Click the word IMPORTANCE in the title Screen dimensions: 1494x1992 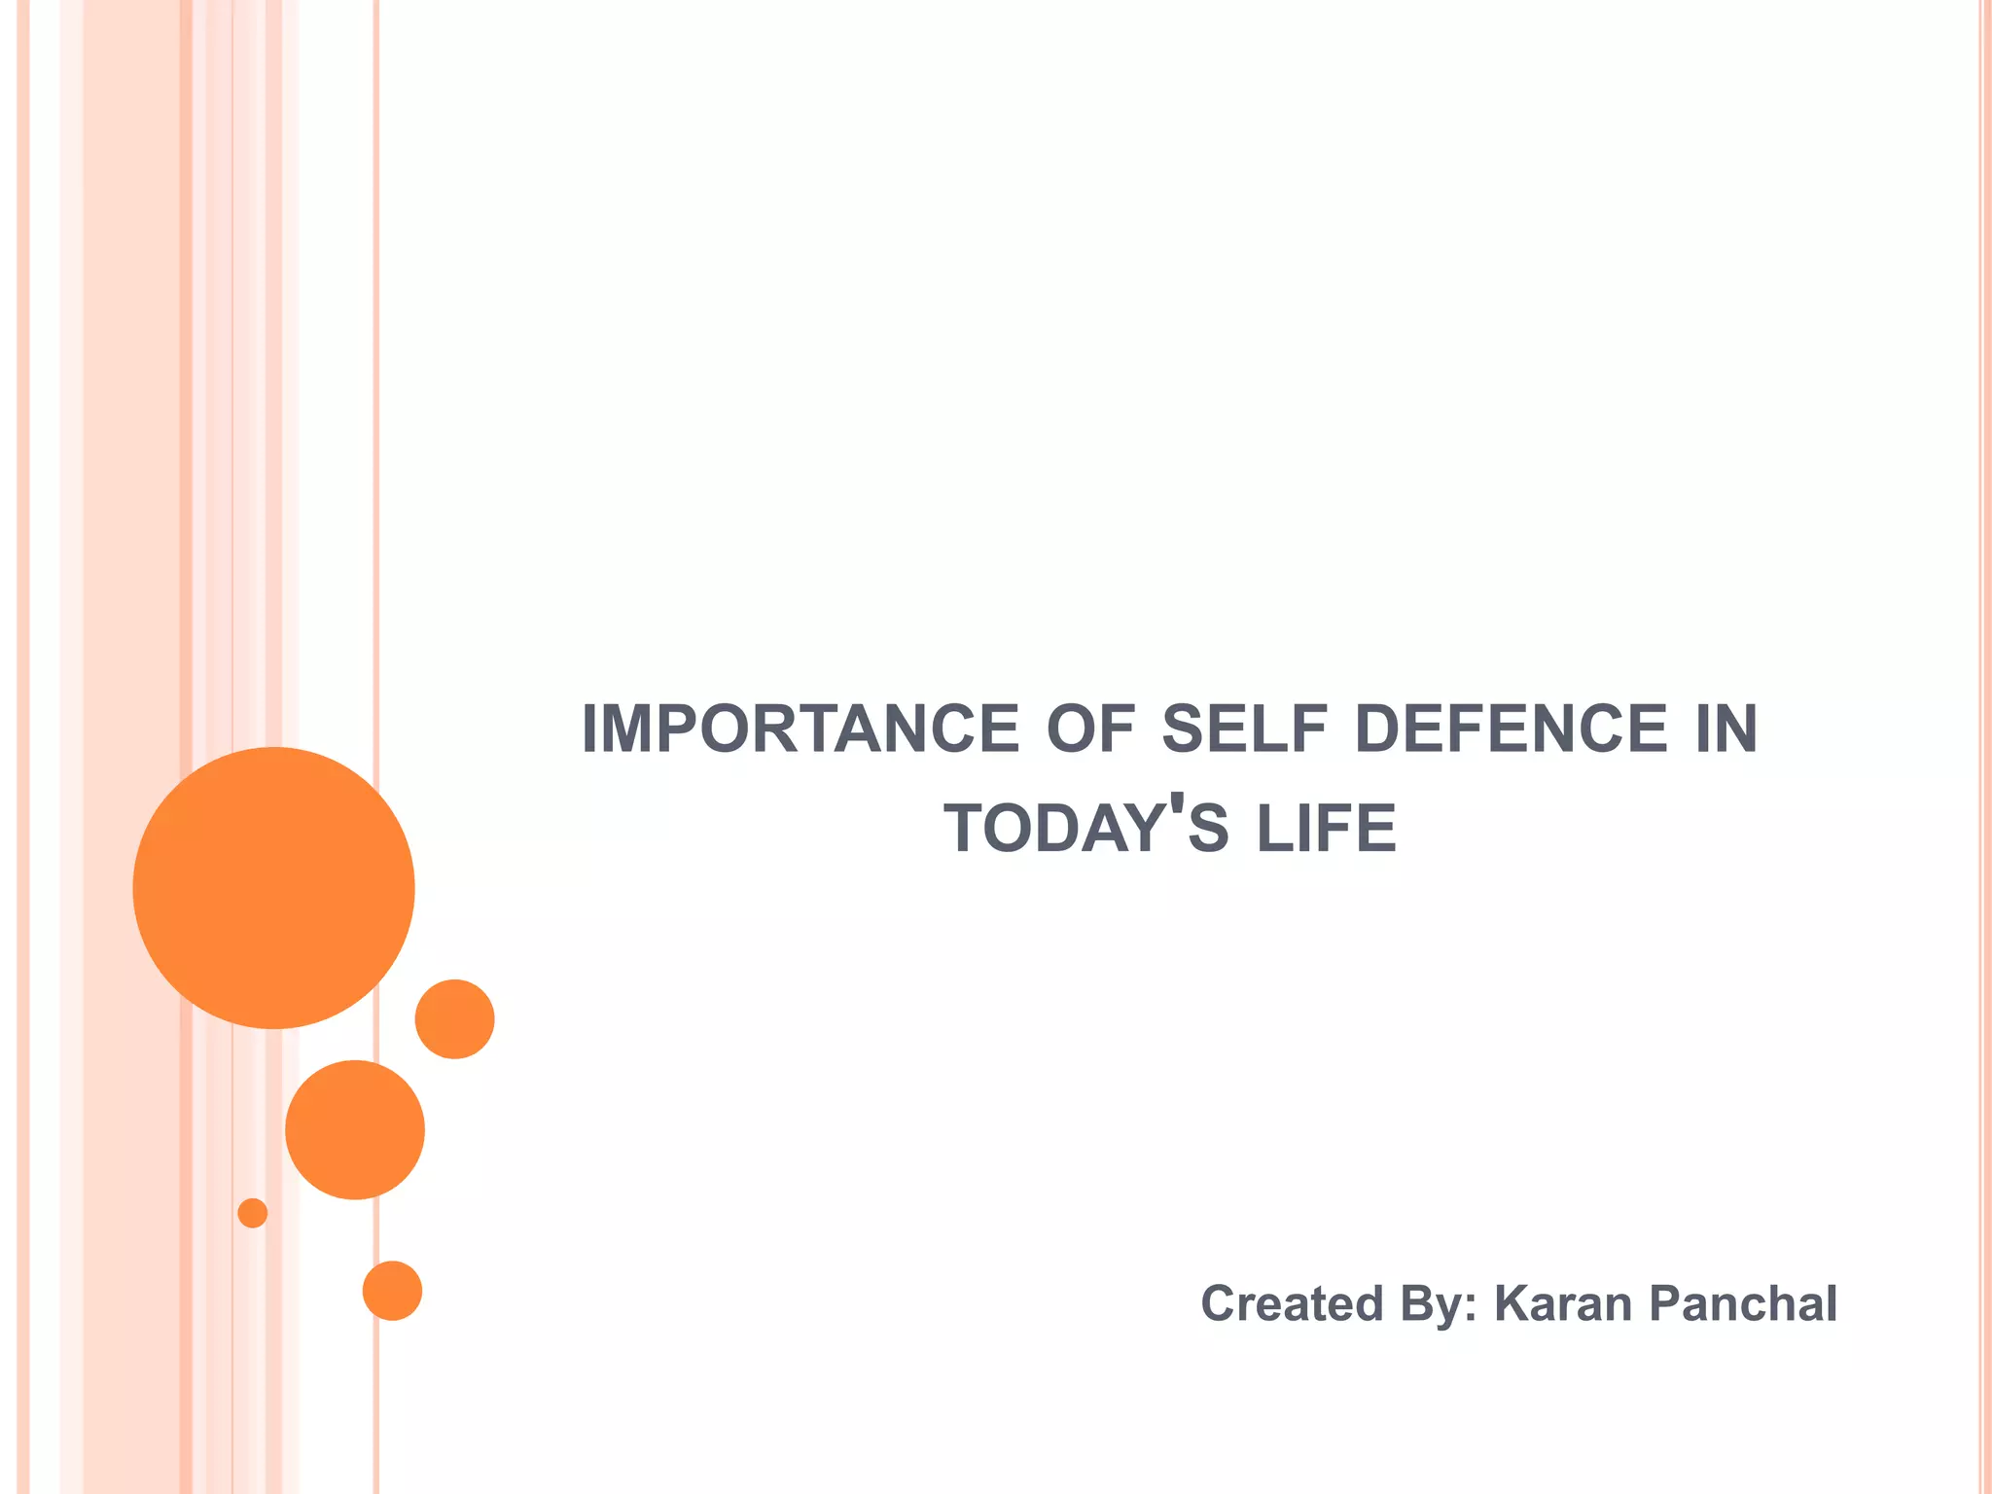coord(800,729)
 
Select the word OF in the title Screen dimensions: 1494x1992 coord(1090,729)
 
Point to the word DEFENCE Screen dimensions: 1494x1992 coord(1511,729)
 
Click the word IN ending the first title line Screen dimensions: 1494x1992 coord(1725,729)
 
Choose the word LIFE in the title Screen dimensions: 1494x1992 coord(1327,829)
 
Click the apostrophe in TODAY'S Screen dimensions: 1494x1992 coord(1177,806)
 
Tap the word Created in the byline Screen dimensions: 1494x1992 coord(1291,1303)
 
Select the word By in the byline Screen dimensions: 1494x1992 coord(1430,1304)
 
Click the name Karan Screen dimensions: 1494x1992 coord(1562,1303)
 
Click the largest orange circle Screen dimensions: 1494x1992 coord(274,887)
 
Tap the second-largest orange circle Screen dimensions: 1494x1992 coord(355,1129)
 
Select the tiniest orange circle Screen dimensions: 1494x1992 coord(253,1213)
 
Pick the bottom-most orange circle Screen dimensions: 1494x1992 coord(392,1291)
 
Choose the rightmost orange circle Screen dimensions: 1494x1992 coord(454,1018)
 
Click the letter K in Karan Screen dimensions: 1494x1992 coord(1512,1303)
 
